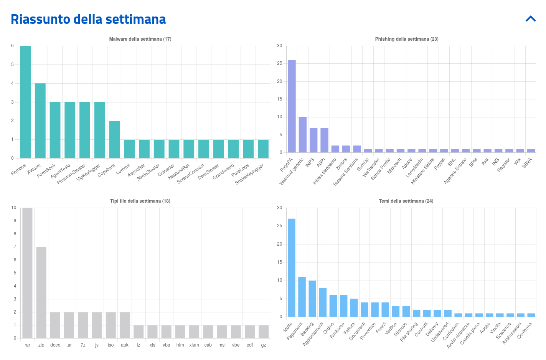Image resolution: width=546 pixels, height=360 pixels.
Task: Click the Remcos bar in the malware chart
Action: click(25, 102)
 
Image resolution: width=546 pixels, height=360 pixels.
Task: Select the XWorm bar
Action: click(40, 121)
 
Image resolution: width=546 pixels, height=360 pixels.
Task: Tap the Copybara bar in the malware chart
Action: click(114, 139)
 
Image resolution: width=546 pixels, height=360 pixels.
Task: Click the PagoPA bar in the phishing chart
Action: click(292, 106)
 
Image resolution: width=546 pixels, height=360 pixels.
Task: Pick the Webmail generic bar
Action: click(303, 135)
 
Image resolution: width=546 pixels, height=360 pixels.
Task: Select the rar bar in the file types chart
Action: click(27, 273)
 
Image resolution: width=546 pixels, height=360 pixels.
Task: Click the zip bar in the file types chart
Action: click(41, 292)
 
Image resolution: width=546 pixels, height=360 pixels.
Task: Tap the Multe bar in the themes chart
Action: click(292, 268)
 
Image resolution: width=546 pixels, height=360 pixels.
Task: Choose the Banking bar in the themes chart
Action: click(312, 298)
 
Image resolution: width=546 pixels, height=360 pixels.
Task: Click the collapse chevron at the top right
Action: click(531, 18)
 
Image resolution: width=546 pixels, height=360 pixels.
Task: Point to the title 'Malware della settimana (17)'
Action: click(140, 39)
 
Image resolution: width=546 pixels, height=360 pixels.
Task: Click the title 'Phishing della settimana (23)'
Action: click(407, 39)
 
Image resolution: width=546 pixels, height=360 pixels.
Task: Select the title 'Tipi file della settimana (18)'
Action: click(140, 201)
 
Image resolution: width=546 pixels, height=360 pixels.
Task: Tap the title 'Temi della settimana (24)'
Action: click(406, 201)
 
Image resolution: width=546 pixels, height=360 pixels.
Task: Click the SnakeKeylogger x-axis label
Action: click(250, 174)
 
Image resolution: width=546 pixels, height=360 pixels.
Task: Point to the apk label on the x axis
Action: click(125, 345)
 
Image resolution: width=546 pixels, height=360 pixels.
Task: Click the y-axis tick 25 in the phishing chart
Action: click(280, 63)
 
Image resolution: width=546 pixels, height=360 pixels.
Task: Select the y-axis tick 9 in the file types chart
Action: click(15, 221)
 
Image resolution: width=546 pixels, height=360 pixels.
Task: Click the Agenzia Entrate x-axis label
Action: click(455, 171)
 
